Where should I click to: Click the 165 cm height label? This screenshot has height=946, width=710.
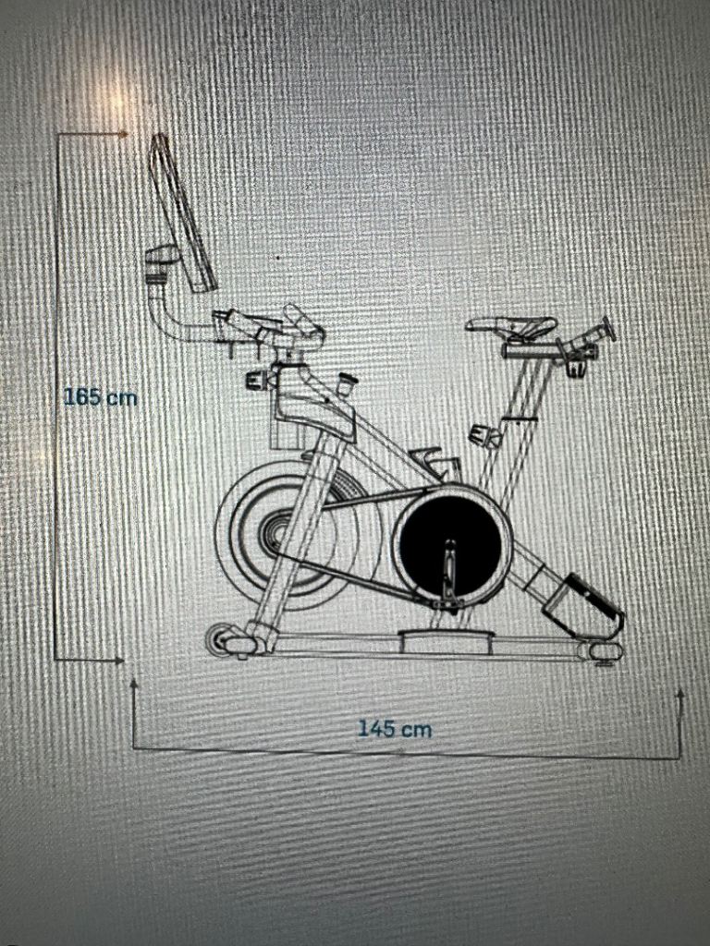point(100,397)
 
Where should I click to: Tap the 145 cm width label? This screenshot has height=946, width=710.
point(395,729)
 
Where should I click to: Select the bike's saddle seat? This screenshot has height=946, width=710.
point(512,327)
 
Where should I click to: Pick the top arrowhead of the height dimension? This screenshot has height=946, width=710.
point(125,134)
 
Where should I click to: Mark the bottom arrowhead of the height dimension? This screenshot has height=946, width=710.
point(121,661)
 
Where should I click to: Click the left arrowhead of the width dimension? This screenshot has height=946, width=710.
point(133,685)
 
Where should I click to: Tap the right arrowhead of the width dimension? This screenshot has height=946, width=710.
point(680,695)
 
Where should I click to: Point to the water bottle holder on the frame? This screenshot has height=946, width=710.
point(434,462)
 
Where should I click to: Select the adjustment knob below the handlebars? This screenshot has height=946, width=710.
point(259,380)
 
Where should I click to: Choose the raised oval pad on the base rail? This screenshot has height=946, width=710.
point(447,640)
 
